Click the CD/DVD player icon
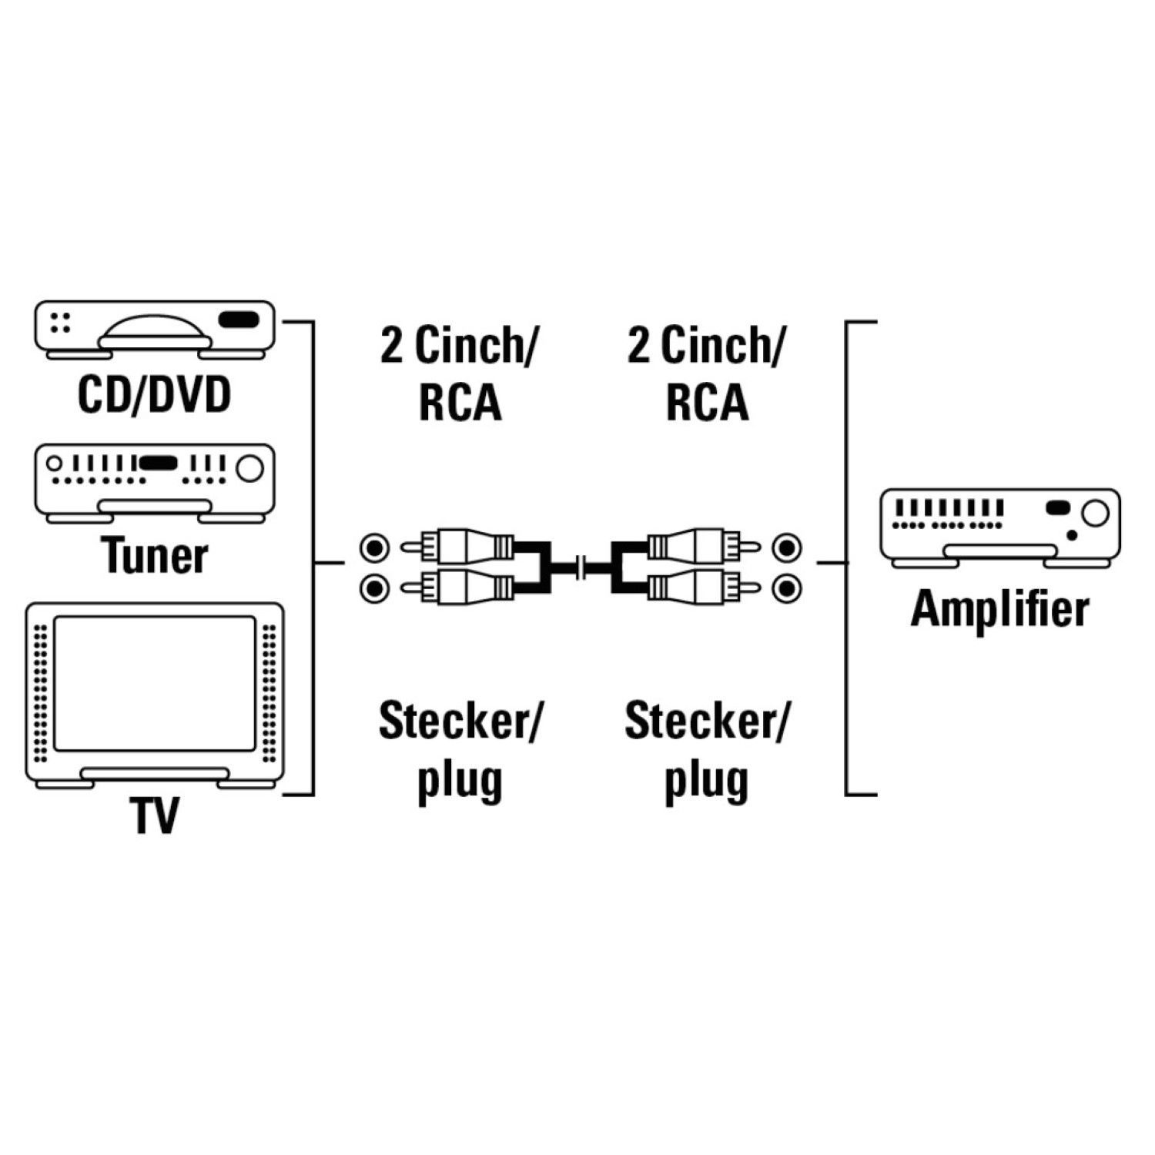coord(155,329)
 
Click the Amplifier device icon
coord(999,527)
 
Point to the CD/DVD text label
coord(155,396)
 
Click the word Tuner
coord(155,556)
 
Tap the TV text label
coord(155,816)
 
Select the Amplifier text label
coord(999,610)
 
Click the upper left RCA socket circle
coord(374,548)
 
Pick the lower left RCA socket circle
coord(374,589)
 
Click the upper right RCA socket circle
coord(786,548)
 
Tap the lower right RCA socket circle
coord(786,589)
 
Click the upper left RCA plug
coord(462,547)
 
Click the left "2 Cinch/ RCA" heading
coord(460,373)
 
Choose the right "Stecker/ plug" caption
coord(706,751)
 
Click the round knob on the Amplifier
coord(1094,512)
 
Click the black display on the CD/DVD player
coord(239,319)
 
